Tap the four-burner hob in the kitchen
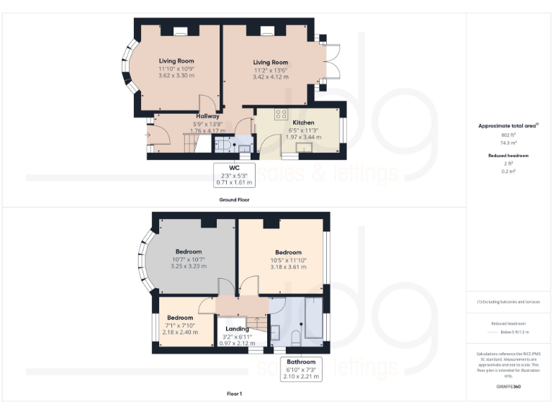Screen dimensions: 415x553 click(x=281, y=114)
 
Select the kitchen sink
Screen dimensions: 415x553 click(x=304, y=148)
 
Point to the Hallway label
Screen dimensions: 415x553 click(x=207, y=116)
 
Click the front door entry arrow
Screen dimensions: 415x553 click(x=148, y=134)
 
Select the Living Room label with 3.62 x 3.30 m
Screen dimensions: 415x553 click(x=176, y=61)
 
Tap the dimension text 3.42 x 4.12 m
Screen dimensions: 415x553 click(x=270, y=77)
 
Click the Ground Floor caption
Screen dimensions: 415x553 click(x=234, y=199)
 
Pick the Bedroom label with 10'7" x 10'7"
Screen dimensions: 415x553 click(x=188, y=251)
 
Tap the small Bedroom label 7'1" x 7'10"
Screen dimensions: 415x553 click(x=180, y=318)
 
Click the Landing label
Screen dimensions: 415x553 click(x=238, y=329)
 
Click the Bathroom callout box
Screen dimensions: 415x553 click(x=301, y=369)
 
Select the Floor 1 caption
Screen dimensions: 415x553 click(x=234, y=394)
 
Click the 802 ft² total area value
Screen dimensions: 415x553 click(x=509, y=135)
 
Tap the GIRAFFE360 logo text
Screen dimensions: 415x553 click(x=508, y=387)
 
